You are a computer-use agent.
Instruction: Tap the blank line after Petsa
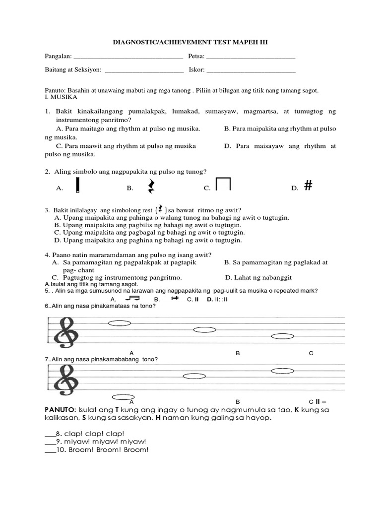[x=251, y=58]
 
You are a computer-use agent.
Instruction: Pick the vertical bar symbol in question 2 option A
[x=79, y=186]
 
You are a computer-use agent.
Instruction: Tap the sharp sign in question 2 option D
[x=308, y=186]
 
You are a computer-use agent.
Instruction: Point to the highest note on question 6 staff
[x=119, y=323]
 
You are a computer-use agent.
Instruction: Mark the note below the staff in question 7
[x=123, y=397]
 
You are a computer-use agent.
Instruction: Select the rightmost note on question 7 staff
[x=283, y=370]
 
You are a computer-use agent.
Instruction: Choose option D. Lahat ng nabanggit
[x=258, y=277]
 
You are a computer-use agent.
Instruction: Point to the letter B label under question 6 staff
[x=238, y=353]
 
